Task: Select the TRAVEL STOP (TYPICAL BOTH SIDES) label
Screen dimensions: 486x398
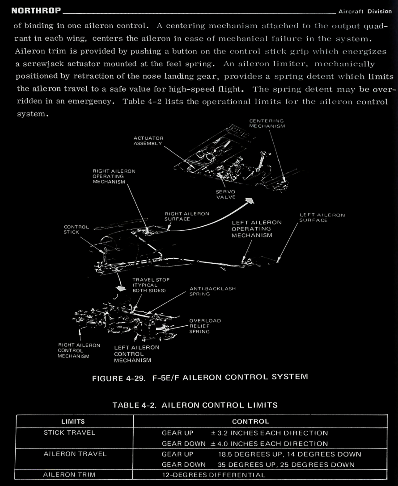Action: pos(149,285)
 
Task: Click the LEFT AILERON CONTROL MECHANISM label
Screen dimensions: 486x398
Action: pos(136,353)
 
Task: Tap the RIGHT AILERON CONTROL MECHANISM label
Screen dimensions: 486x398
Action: pos(79,350)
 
